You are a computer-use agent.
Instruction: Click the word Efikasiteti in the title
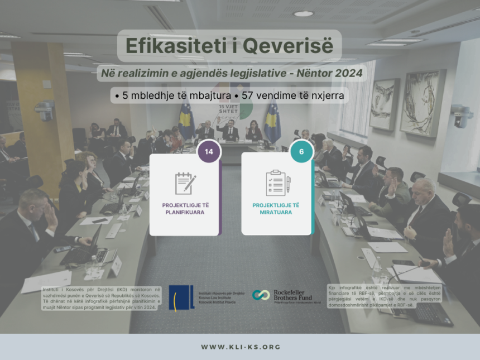pyautogui.click(x=167, y=46)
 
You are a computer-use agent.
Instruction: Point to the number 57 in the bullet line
pyautogui.click(x=248, y=95)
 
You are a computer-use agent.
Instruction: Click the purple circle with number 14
pyautogui.click(x=209, y=151)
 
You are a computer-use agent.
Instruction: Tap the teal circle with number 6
pyautogui.click(x=301, y=151)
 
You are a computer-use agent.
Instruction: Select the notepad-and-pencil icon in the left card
pyautogui.click(x=185, y=183)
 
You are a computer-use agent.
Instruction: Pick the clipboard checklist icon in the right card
pyautogui.click(x=277, y=183)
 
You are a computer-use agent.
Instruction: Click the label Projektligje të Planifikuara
pyautogui.click(x=184, y=209)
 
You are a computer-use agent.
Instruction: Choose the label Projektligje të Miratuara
pyautogui.click(x=276, y=209)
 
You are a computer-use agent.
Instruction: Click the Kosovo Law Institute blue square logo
pyautogui.click(x=181, y=297)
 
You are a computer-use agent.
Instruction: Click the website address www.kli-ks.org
pyautogui.click(x=240, y=347)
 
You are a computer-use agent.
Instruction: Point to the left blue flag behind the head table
pyautogui.click(x=186, y=121)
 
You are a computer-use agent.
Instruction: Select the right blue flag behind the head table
pyautogui.click(x=272, y=121)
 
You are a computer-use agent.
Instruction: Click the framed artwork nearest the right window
pyautogui.click(x=423, y=103)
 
